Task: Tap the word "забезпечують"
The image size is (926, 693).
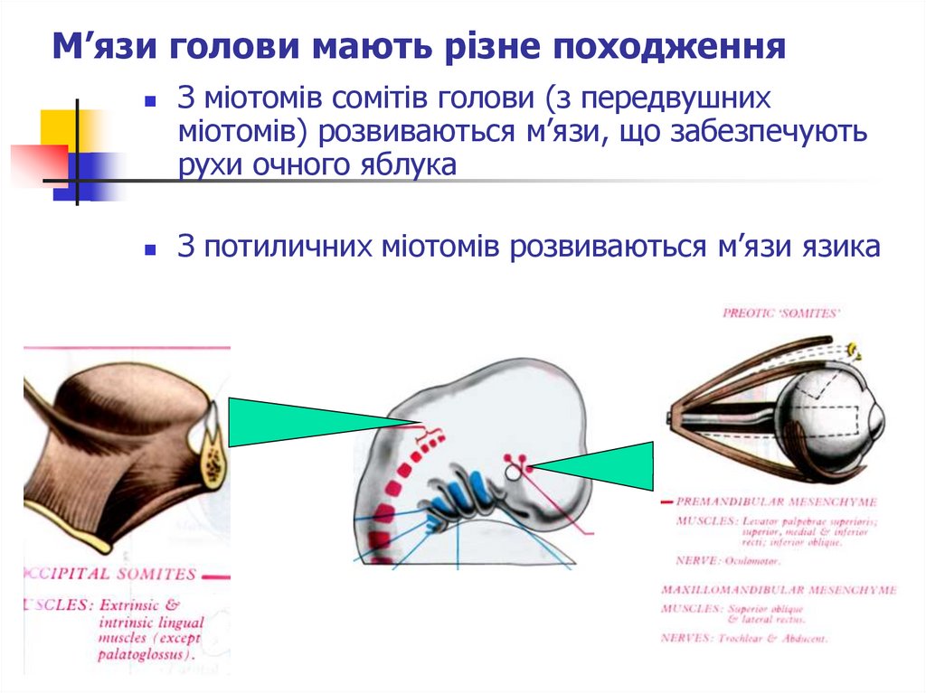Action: pyautogui.click(x=769, y=132)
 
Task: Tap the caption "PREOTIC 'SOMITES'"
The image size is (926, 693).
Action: pyautogui.click(x=781, y=313)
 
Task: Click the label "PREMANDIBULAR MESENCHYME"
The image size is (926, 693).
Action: pyautogui.click(x=783, y=501)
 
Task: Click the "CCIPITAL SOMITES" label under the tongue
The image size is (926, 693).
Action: pyautogui.click(x=113, y=574)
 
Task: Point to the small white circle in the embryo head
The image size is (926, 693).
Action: pyautogui.click(x=513, y=472)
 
